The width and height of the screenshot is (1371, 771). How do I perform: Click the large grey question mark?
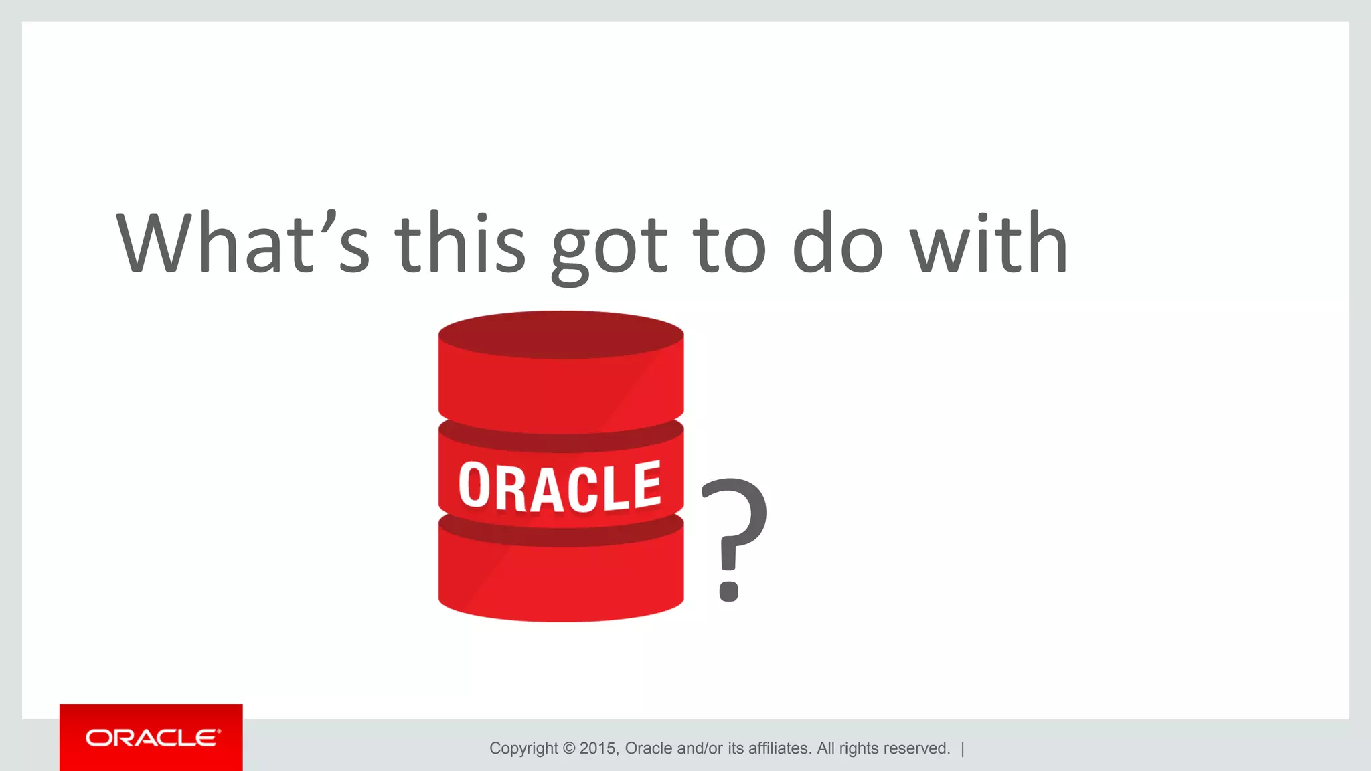[734, 522]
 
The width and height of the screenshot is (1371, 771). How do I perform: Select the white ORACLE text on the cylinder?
[560, 487]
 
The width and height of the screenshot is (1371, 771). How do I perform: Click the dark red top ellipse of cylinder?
[561, 333]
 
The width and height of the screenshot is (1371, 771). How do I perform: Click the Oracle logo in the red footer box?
[152, 738]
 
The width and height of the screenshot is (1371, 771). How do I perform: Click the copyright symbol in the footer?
[568, 748]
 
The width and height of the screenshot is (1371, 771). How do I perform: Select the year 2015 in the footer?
[597, 748]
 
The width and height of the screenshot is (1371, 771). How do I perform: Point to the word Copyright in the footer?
[523, 748]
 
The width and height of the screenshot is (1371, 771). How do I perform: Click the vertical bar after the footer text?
[963, 748]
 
